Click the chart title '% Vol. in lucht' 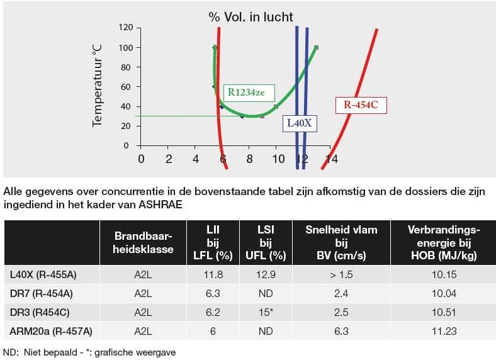[251, 16]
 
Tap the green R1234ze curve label [251, 93]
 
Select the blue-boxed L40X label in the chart [299, 123]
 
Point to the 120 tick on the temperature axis [127, 28]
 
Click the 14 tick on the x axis [332, 159]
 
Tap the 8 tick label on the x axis [250, 159]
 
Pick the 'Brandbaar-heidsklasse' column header [144, 243]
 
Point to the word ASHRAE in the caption [165, 205]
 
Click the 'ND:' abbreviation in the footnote [11, 352]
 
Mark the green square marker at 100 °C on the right [316, 47]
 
